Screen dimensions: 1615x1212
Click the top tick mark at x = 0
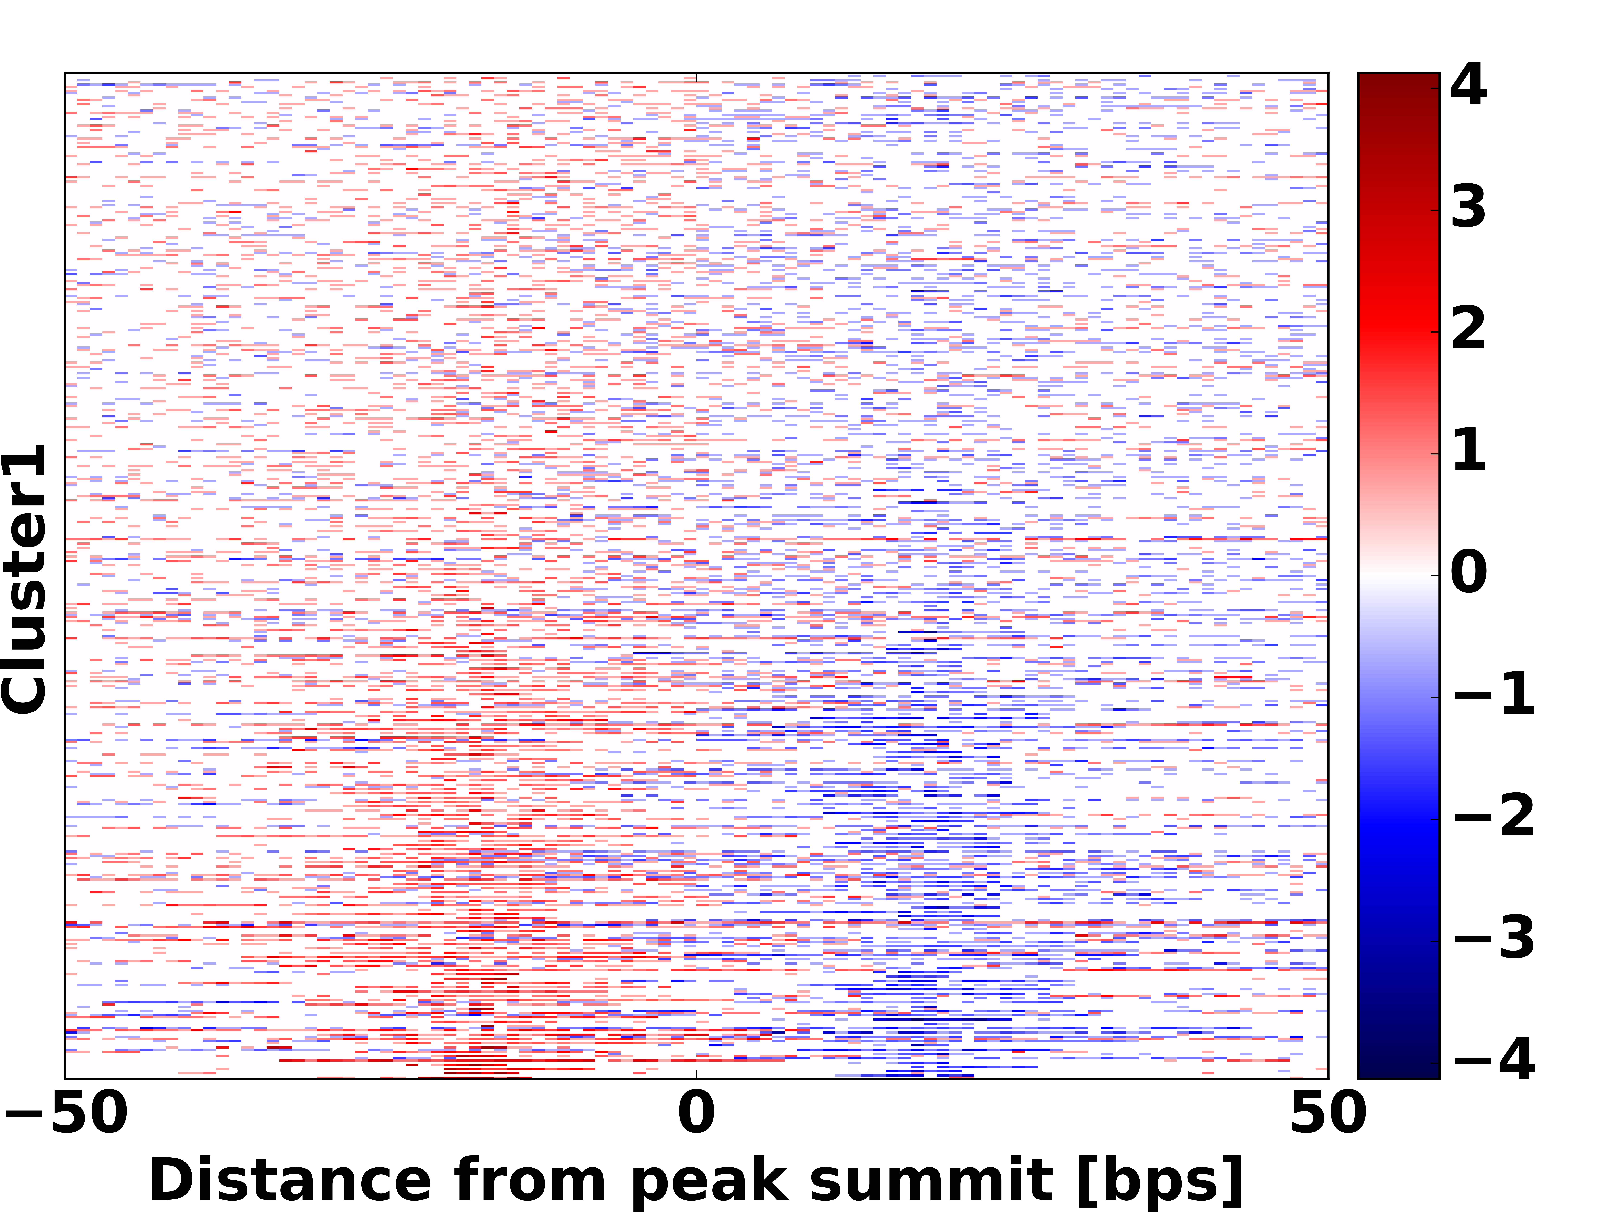697,77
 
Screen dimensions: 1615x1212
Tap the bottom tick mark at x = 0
697,1074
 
